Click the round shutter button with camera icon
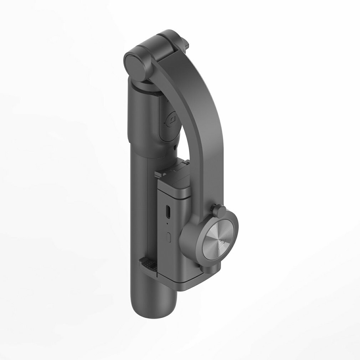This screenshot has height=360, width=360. coord(173,119)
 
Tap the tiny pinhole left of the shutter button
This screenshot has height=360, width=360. coord(164,123)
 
